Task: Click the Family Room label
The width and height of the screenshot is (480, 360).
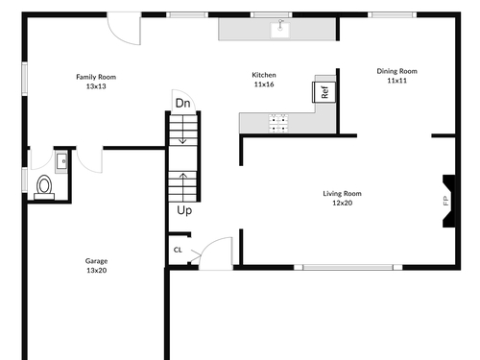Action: pos(96,77)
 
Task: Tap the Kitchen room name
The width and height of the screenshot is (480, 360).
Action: pos(264,75)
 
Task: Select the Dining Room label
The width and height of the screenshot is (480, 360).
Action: pos(397,71)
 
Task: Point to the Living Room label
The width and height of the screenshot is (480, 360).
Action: pos(342,194)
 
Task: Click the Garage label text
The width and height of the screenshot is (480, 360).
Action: pos(96,261)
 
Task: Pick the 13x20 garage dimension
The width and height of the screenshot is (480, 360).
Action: pos(96,271)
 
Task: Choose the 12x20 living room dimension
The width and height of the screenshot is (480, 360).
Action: pos(343,203)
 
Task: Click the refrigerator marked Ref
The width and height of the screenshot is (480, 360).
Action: pos(324,92)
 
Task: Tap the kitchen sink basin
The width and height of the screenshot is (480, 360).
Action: pos(280,30)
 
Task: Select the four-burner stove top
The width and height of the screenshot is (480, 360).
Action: pos(278,123)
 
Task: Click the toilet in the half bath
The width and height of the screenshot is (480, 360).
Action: pos(44,187)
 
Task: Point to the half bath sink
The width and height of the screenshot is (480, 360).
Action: pos(61,161)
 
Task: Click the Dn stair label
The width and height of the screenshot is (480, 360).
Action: pos(182,103)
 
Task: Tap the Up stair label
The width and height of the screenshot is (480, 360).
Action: pos(184,210)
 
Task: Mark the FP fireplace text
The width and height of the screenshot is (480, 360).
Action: pos(445,201)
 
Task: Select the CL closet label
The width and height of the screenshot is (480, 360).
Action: pos(178,250)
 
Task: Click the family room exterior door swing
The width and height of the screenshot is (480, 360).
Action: pos(124,29)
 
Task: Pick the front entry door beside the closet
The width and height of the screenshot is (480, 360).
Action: pos(215,253)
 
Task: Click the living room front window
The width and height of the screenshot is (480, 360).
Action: pos(348,267)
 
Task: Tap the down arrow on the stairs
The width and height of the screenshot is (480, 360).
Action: pos(182,130)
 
